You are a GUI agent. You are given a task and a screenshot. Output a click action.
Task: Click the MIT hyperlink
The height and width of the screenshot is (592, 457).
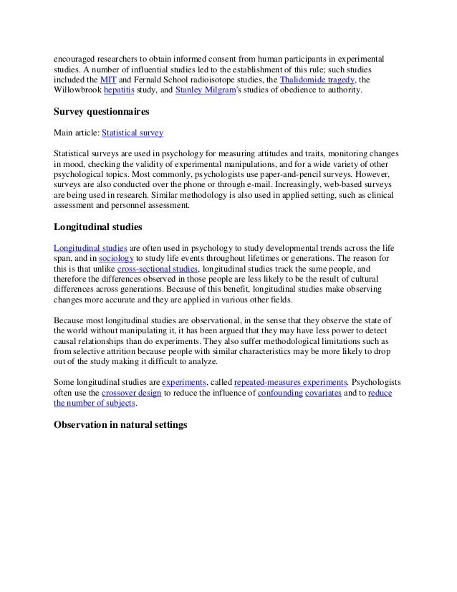108,80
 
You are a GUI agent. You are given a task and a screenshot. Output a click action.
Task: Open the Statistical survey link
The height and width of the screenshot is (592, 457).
133,133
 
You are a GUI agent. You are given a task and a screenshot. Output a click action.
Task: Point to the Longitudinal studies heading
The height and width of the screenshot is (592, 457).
98,227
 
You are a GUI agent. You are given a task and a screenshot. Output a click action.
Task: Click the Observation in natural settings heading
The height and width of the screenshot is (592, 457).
120,425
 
